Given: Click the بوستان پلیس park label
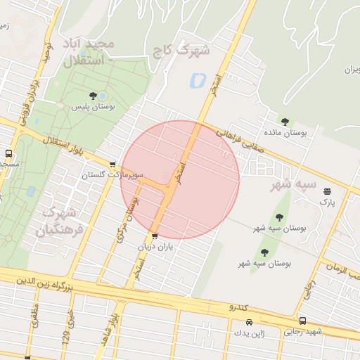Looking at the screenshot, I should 93,108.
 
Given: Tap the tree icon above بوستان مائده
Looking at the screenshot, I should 285,121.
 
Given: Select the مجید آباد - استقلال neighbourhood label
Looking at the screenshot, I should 89,53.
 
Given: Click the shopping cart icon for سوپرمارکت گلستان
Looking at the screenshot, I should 112,164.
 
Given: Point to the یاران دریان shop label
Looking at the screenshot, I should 155,246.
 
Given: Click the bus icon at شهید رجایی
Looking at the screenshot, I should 302,321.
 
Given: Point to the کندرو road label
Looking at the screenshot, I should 239,307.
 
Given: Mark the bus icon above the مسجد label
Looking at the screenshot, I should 9,153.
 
